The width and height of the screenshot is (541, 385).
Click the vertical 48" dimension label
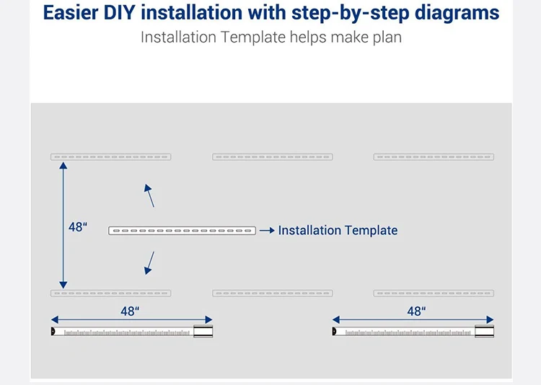point(78,226)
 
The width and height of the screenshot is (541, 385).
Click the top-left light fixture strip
point(110,156)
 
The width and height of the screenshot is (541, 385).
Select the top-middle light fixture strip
point(273,156)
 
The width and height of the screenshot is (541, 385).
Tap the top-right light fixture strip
point(434,156)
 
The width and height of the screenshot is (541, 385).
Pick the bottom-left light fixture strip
point(110,293)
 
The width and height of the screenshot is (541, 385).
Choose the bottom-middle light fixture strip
point(273,293)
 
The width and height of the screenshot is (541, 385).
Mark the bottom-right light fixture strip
point(434,293)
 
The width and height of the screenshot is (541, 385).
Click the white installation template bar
point(182,231)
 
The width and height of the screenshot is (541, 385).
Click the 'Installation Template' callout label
point(338,231)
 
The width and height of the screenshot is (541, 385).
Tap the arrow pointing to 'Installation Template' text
point(267,231)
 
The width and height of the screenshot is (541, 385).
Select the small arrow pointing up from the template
point(149,195)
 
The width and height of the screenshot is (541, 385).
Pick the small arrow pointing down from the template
point(149,262)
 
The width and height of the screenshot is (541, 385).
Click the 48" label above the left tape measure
point(130,311)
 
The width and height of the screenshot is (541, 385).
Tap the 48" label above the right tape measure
point(416,311)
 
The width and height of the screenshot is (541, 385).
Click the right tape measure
point(413,332)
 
